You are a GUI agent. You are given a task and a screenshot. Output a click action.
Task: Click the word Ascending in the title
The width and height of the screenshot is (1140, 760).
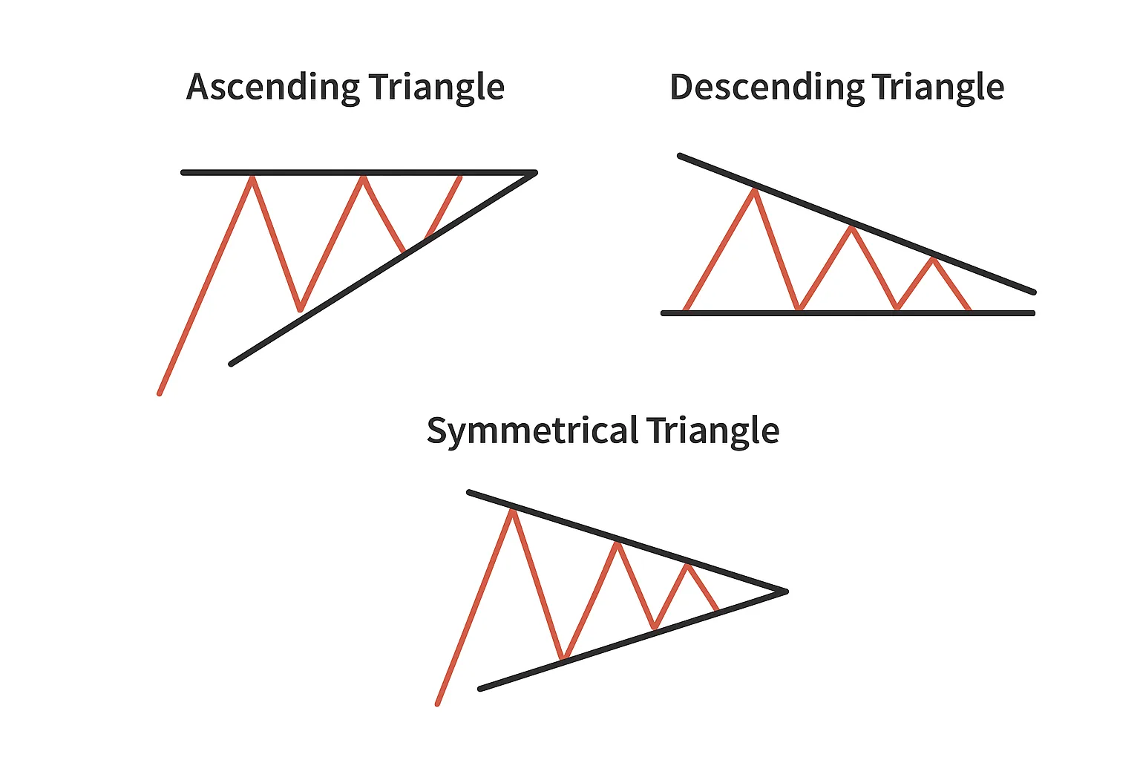point(273,88)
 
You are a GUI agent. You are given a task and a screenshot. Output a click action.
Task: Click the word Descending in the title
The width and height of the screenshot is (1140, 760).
point(767,88)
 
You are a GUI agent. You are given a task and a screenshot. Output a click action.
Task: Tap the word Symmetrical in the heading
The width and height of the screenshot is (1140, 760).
point(532,431)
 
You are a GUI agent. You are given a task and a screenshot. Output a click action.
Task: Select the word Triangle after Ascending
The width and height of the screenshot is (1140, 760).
point(436,88)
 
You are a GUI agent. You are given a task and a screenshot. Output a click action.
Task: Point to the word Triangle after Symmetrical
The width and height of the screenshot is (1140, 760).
point(712,431)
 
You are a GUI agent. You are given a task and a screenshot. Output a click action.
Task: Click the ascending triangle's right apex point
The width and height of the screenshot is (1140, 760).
point(535,173)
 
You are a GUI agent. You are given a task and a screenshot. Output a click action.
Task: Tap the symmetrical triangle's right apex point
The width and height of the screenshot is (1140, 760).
point(787,592)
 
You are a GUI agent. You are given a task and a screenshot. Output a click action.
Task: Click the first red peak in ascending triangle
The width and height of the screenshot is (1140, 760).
point(252,177)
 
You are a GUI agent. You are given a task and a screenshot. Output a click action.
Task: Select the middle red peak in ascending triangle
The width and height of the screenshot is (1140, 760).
point(363,177)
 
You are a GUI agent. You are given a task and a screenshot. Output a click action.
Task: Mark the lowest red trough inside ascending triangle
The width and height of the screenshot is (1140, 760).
point(301,309)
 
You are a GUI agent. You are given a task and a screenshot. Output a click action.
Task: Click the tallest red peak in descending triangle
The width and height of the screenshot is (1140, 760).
point(755,189)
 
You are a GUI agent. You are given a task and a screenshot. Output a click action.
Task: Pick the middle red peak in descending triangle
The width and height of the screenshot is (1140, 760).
point(851,227)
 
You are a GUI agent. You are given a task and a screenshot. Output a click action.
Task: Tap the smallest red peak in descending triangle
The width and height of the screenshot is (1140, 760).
point(934,259)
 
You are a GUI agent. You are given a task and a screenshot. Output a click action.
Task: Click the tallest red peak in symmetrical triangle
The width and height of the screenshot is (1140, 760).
point(513,510)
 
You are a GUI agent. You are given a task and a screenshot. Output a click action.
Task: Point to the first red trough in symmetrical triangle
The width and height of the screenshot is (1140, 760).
point(563,658)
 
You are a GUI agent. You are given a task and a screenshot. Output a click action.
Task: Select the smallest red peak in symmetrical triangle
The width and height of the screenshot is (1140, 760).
point(687,566)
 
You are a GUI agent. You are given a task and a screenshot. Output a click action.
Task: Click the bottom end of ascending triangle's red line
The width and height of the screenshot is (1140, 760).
point(160,393)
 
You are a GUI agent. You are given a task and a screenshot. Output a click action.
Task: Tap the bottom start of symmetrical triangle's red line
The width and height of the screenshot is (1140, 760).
point(437,704)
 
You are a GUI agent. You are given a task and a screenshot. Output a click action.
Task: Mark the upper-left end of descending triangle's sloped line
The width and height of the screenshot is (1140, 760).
point(679,155)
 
